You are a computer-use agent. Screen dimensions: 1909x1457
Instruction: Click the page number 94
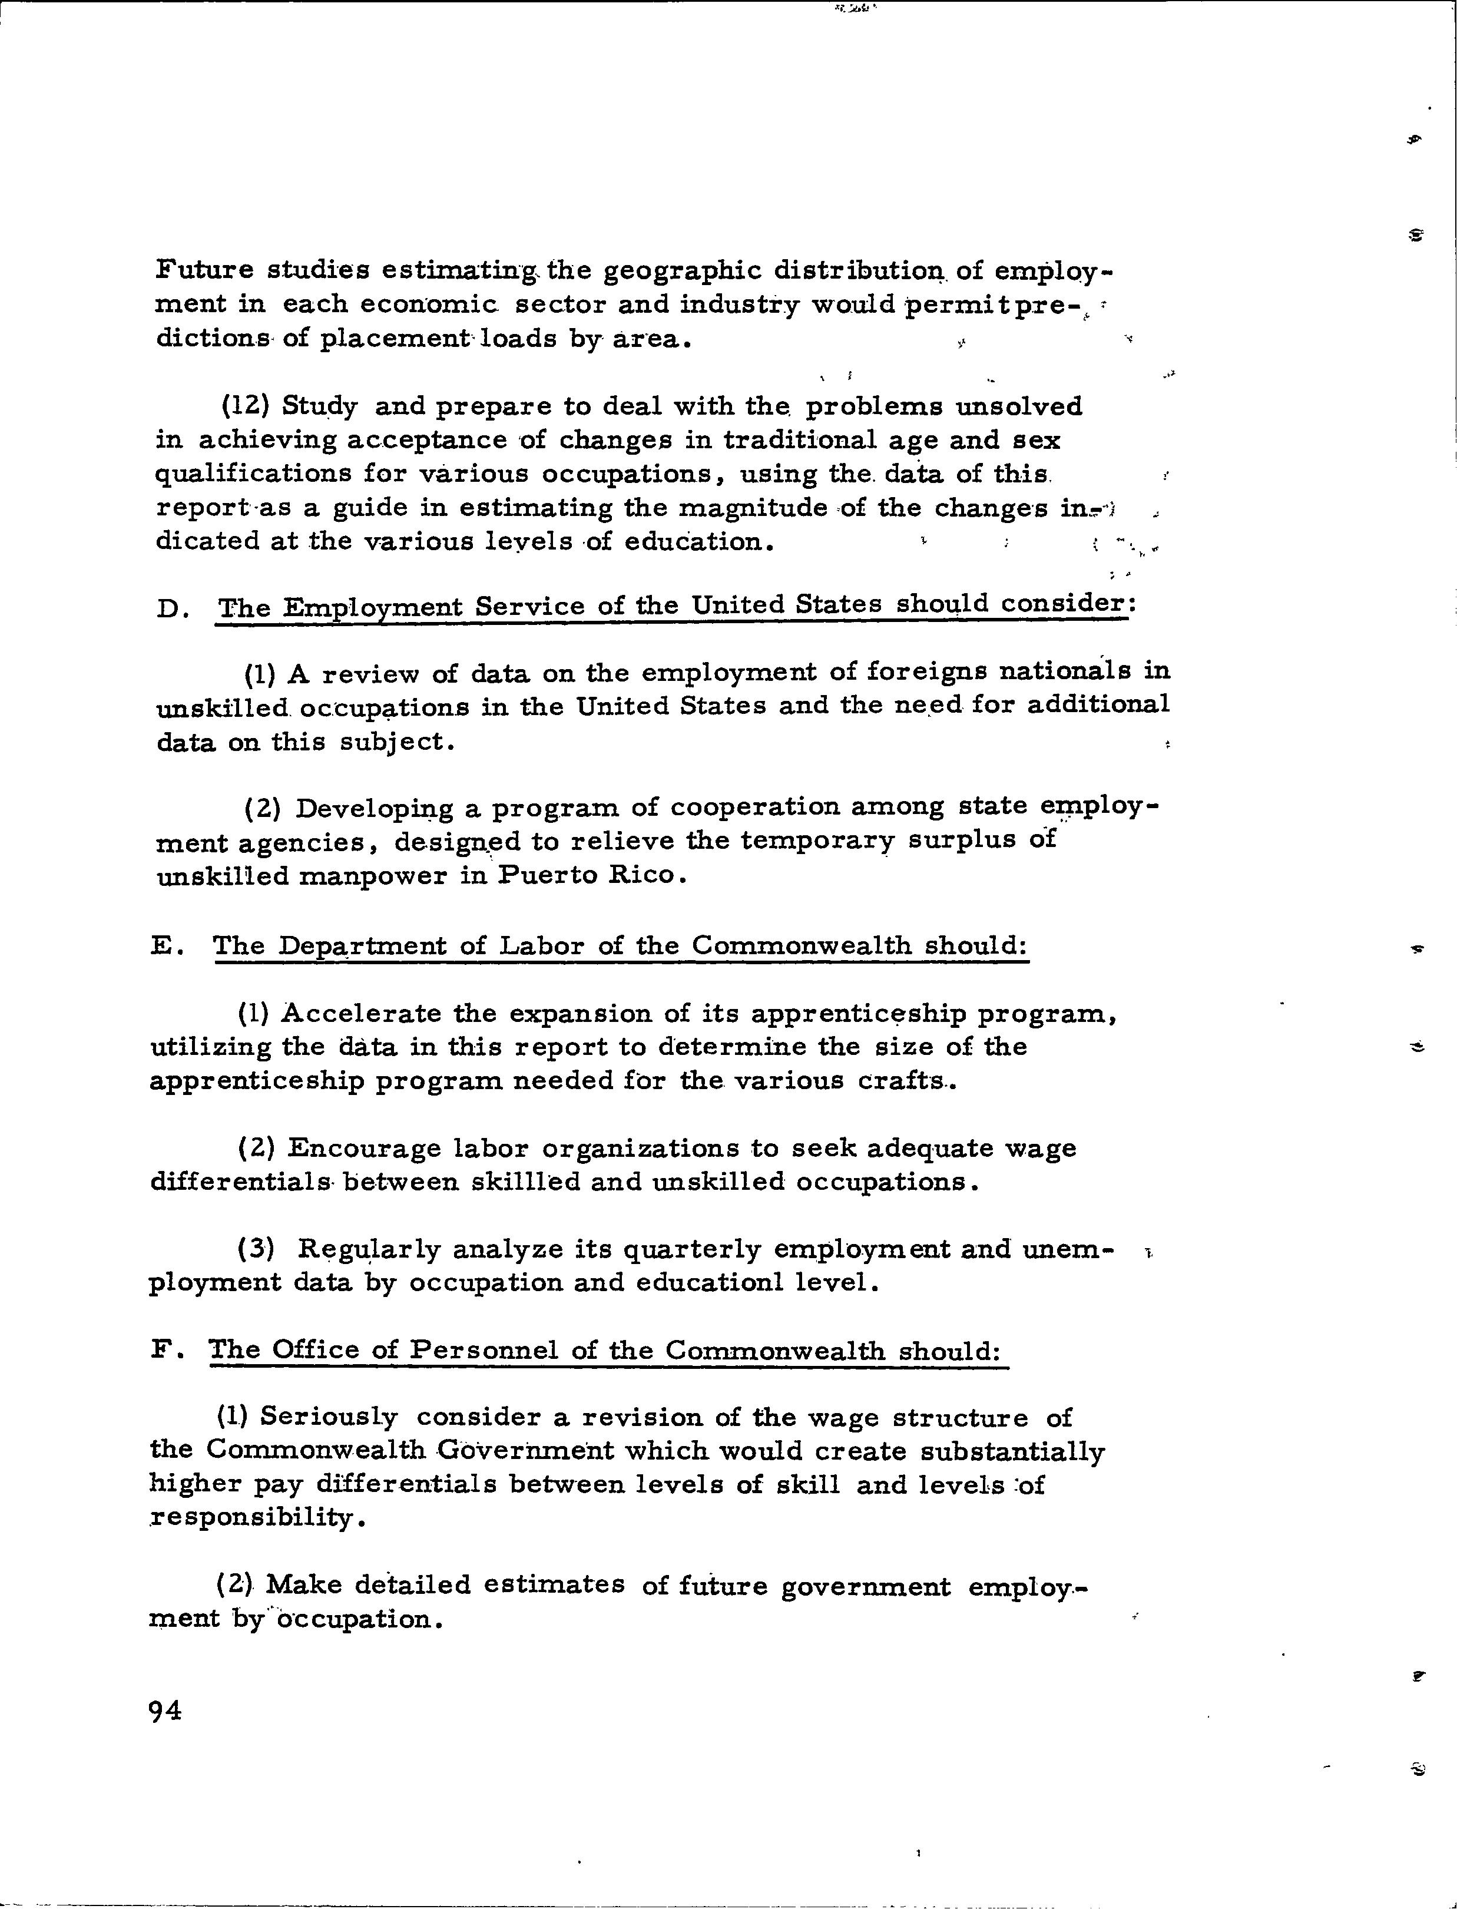[x=165, y=1711]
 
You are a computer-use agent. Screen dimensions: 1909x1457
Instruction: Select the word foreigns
[x=926, y=671]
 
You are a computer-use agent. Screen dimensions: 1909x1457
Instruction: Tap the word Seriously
[x=329, y=1417]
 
